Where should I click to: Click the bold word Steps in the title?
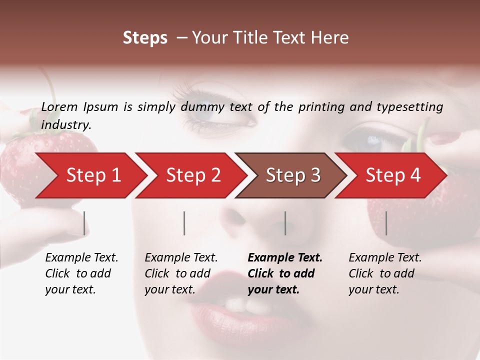tap(145, 38)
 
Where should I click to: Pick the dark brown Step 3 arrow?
tap(293, 175)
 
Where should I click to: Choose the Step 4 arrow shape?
tap(393, 175)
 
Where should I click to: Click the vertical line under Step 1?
tap(84, 223)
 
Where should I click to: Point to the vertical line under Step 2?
tap(184, 223)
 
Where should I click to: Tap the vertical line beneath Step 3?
tap(285, 223)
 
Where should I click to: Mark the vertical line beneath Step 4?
tap(386, 223)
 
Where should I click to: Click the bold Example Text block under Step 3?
tap(285, 273)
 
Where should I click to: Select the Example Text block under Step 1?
tap(81, 273)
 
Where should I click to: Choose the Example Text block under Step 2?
tap(181, 273)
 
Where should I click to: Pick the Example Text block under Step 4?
tap(385, 273)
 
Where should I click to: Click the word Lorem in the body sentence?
tap(59, 107)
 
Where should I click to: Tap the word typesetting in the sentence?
tap(409, 107)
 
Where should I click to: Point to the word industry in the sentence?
tap(66, 125)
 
